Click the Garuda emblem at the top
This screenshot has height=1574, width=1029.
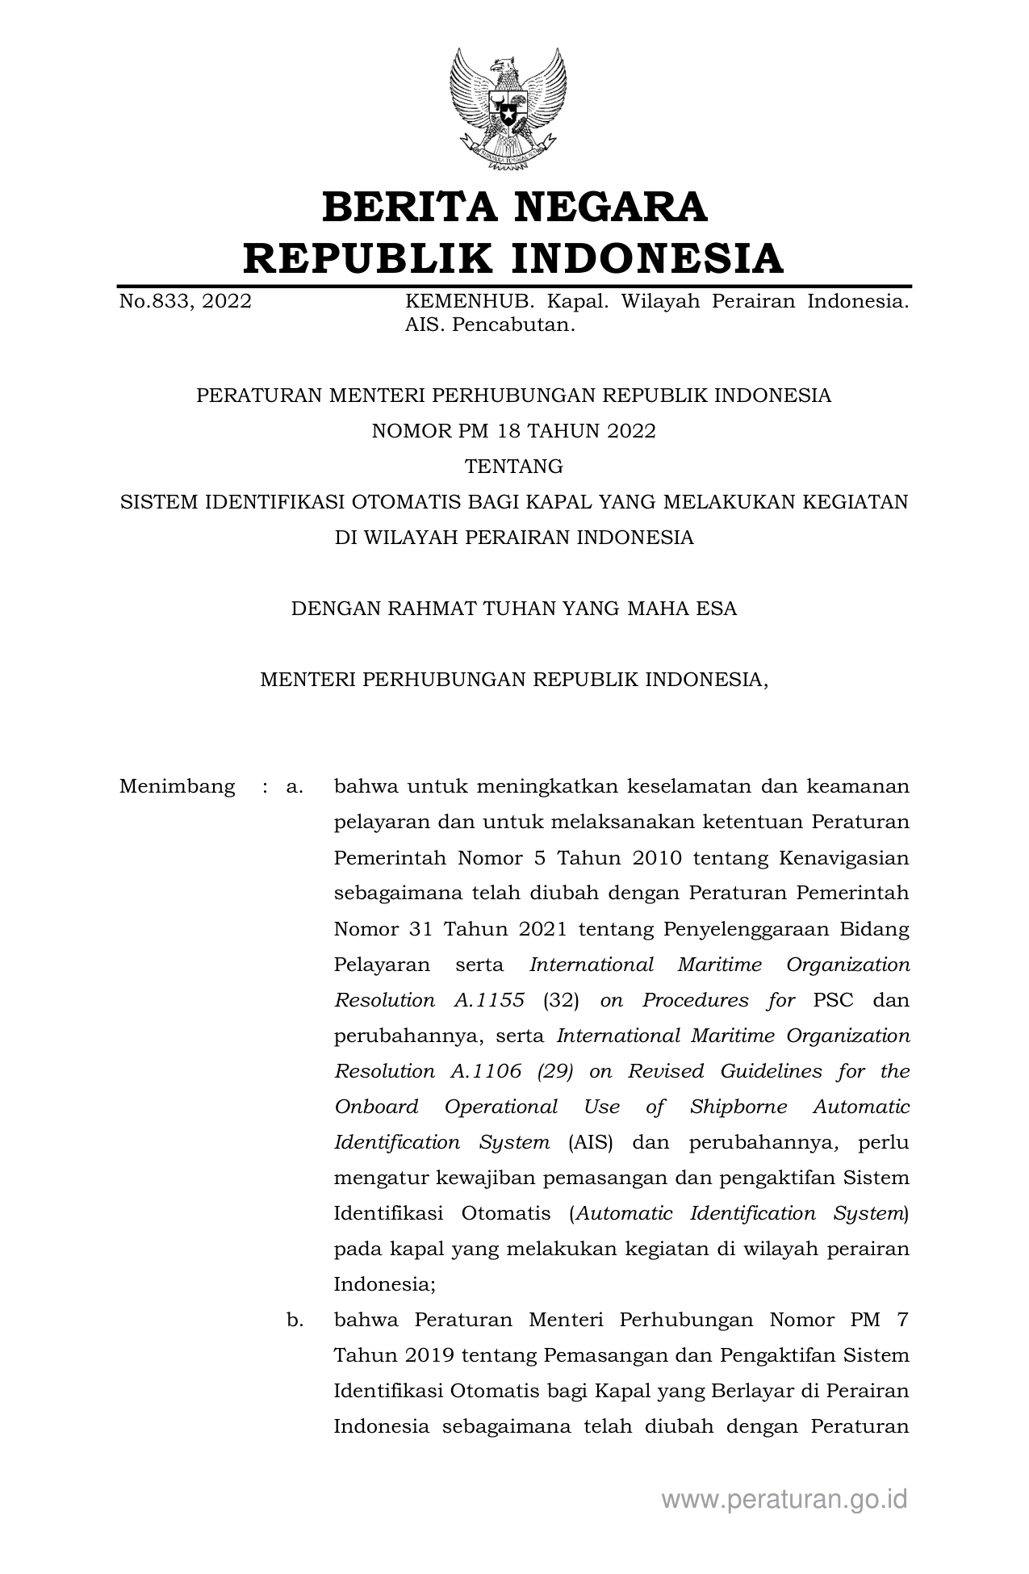point(508,109)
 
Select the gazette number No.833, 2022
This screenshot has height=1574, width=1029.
point(185,302)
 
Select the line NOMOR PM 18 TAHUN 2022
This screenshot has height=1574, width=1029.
point(513,431)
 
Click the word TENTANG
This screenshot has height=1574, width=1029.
point(513,467)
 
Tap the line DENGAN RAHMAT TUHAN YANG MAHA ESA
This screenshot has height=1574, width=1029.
point(513,609)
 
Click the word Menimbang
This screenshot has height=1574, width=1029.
point(177,786)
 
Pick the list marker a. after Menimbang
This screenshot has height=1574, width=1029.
point(295,786)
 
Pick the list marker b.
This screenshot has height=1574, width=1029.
point(295,1320)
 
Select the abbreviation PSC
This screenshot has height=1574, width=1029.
point(833,1000)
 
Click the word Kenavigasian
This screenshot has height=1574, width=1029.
point(844,857)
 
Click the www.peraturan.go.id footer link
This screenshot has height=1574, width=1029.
point(784,1499)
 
